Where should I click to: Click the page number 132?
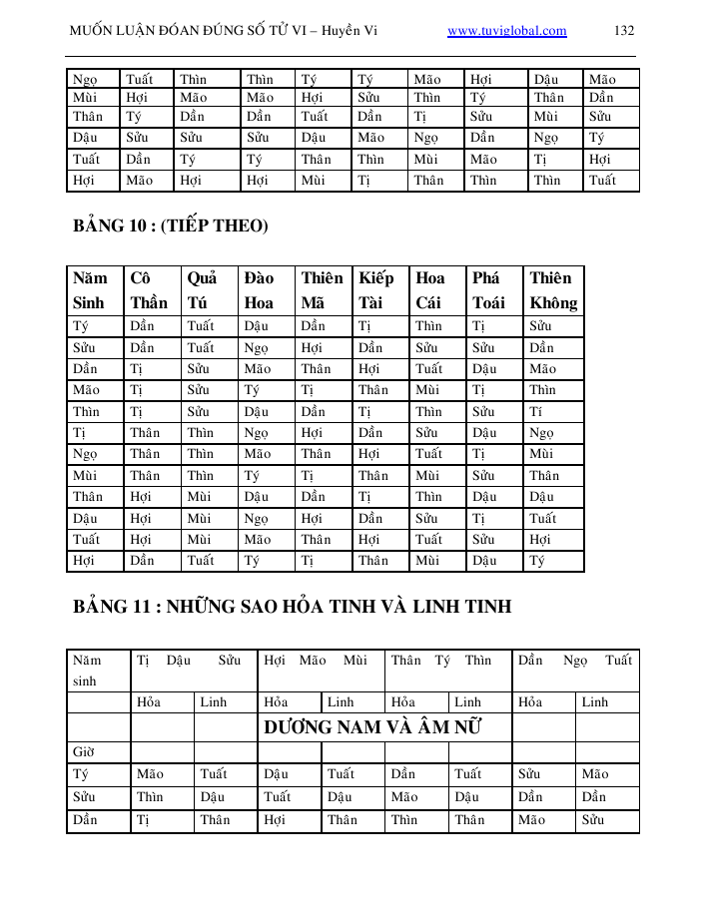click(x=624, y=31)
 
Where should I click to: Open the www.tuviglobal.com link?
click(x=506, y=31)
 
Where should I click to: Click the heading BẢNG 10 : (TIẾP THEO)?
click(x=171, y=227)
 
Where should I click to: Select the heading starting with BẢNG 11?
click(x=292, y=606)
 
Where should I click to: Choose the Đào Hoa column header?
click(x=259, y=290)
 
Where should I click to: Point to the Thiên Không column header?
click(x=553, y=290)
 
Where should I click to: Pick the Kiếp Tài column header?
click(x=376, y=290)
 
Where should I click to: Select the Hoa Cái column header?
click(x=430, y=290)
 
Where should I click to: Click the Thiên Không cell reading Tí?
click(x=537, y=412)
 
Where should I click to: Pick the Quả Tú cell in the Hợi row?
click(x=201, y=561)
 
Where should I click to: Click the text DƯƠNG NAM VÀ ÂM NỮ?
click(x=372, y=727)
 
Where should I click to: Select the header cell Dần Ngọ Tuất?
click(x=575, y=661)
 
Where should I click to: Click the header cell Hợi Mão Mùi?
click(x=321, y=661)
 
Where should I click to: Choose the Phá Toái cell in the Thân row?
click(x=484, y=497)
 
